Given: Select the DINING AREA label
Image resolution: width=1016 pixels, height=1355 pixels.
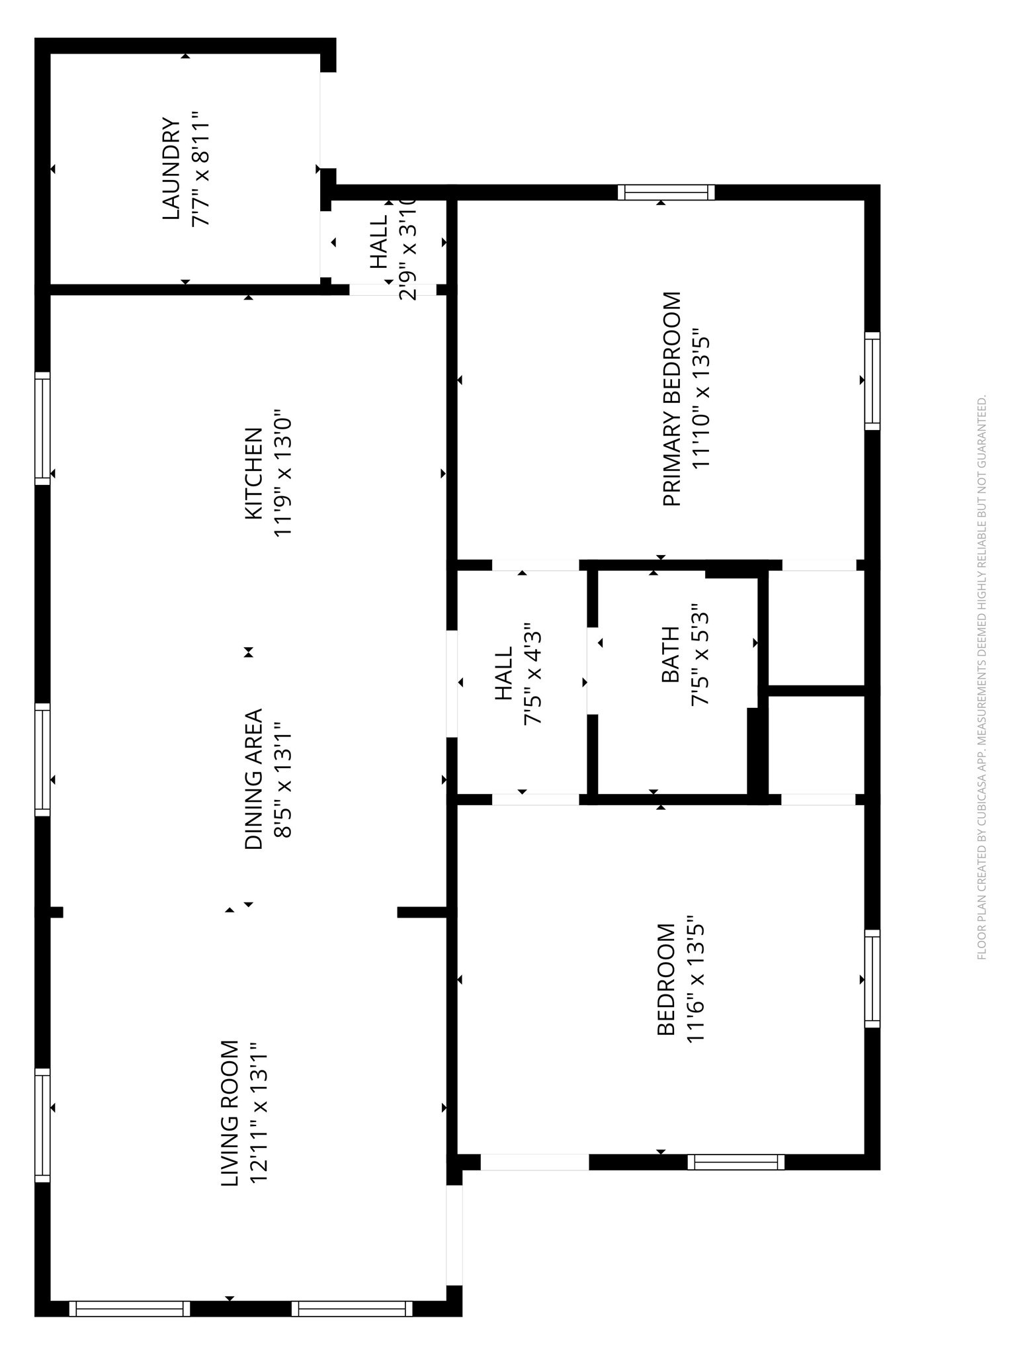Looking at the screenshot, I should [254, 779].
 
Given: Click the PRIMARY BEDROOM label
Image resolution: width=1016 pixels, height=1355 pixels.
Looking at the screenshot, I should [671, 400].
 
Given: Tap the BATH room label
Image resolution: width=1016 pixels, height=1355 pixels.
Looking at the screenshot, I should [670, 654].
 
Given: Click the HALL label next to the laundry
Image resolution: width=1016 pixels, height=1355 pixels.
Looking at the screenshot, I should [379, 242].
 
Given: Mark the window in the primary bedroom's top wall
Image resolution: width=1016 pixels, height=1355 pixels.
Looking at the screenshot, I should [666, 193].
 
